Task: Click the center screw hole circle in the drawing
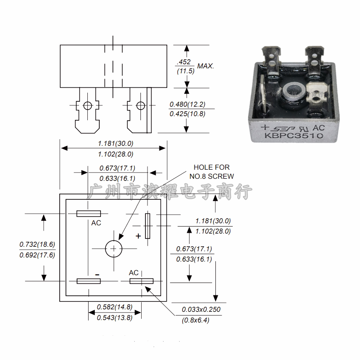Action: (x=113, y=248)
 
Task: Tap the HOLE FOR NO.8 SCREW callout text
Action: (x=212, y=172)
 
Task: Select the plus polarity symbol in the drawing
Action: (x=138, y=236)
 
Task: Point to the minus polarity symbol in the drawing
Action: (x=97, y=274)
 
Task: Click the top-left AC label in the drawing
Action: (x=96, y=223)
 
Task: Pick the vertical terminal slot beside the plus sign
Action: (x=147, y=226)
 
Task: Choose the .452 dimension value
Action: (x=183, y=62)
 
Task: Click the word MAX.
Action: (x=206, y=66)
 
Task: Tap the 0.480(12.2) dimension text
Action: (x=187, y=105)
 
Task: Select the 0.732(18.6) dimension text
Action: (x=37, y=245)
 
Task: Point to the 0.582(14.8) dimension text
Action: (x=115, y=307)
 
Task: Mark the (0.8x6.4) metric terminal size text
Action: (x=195, y=320)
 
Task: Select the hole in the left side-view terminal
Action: (x=87, y=105)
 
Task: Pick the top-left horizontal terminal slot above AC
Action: (x=89, y=213)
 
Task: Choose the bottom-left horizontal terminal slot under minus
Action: (x=89, y=281)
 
